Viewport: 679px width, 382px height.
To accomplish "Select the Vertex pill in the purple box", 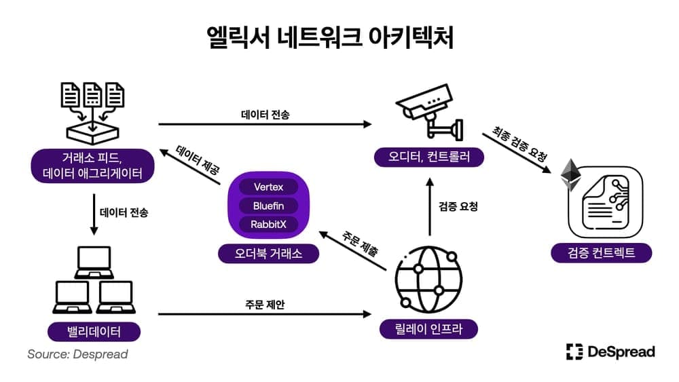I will (x=268, y=187).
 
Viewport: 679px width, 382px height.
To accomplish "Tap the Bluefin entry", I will (x=268, y=205).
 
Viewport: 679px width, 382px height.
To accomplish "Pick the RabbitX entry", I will (x=268, y=224).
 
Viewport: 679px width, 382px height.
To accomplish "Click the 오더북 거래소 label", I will (x=268, y=254).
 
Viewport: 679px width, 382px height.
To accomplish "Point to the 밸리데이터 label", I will (x=94, y=332).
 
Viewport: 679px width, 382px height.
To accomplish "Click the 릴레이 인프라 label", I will (x=428, y=329).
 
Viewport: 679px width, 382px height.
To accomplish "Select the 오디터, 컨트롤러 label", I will (x=428, y=157).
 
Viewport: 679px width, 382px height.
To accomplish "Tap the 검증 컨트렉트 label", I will (x=601, y=253).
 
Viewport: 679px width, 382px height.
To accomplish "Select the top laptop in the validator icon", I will (x=94, y=262).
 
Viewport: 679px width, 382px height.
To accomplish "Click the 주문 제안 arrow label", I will (x=265, y=305).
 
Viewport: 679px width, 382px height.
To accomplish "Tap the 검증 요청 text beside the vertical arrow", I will (x=458, y=206).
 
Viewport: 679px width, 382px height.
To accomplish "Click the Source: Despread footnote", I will (x=77, y=354).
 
